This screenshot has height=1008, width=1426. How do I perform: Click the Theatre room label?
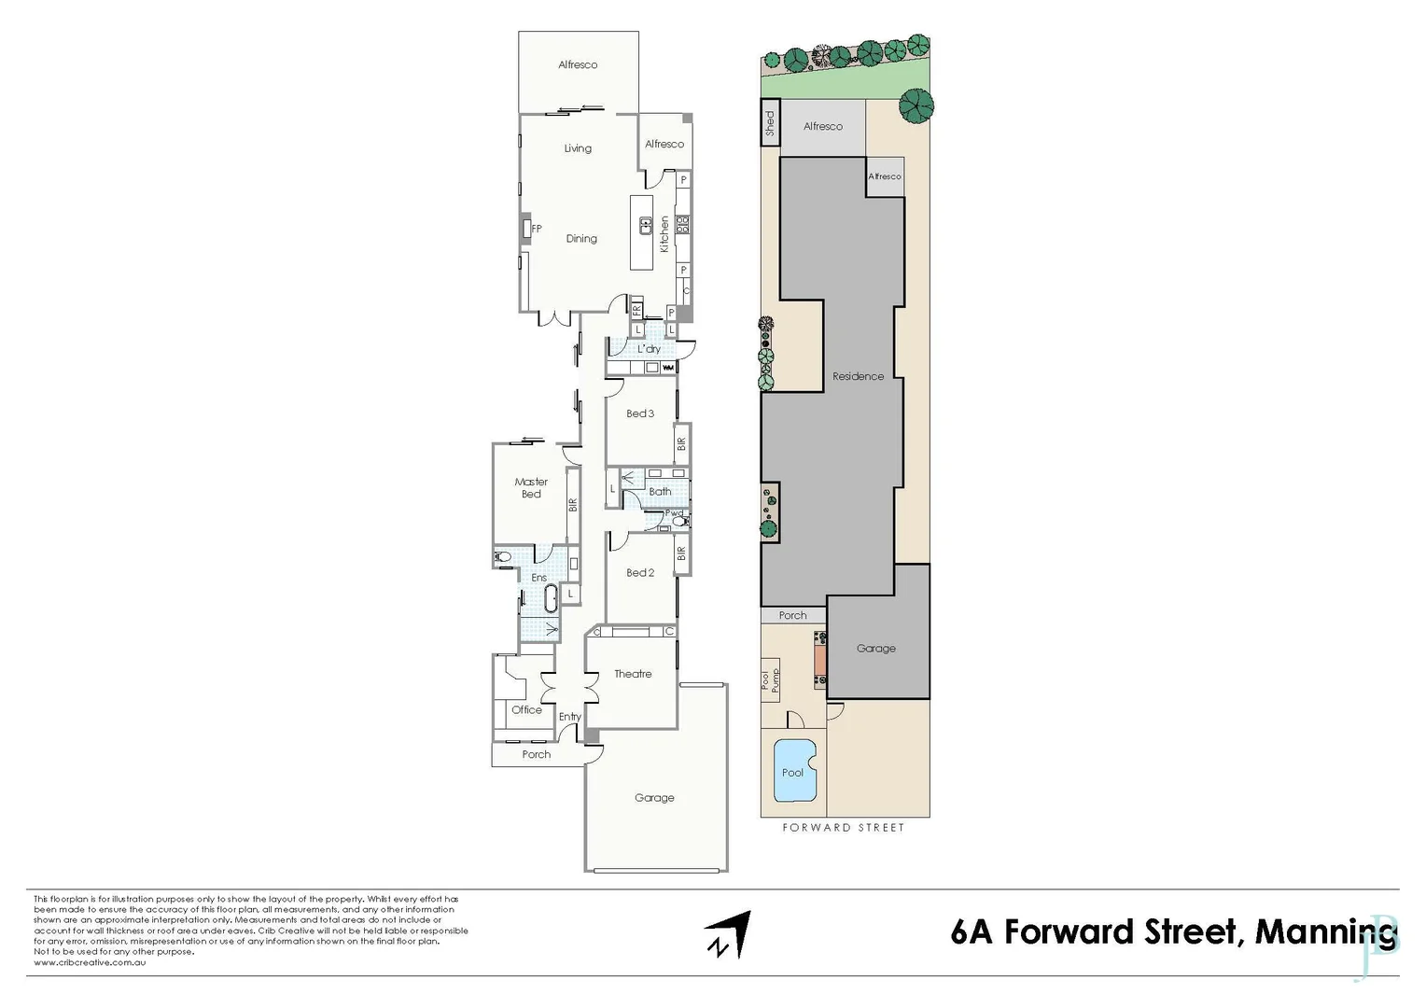coord(633,674)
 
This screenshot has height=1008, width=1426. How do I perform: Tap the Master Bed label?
coord(531,488)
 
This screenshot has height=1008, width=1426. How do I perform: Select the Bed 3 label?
coord(640,413)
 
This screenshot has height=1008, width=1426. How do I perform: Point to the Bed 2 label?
coord(640,573)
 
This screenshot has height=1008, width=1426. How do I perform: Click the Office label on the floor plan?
coord(526,710)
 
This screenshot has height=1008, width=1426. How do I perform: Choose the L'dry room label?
coord(649,349)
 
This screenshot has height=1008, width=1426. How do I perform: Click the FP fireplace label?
coord(537,229)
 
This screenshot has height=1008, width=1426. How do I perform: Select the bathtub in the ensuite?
coord(551,598)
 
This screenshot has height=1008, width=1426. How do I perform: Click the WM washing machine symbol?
coord(668,368)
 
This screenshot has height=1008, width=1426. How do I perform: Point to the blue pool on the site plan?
coord(794,770)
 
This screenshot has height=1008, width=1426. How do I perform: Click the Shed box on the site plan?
coord(770,123)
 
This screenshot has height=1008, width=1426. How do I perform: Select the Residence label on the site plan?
coord(858,377)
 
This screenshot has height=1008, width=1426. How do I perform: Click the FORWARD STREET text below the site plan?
coord(843,828)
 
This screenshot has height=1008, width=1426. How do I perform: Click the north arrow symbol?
coord(728,934)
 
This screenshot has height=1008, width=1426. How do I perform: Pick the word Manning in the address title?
coord(1325,932)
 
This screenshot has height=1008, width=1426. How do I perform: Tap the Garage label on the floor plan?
coord(654,798)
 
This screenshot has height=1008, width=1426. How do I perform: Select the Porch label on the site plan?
coord(792,616)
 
